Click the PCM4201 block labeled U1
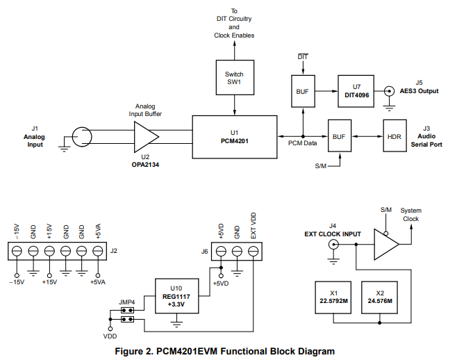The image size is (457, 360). [x=235, y=136]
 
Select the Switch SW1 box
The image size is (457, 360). [x=235, y=79]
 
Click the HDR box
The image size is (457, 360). [x=394, y=136]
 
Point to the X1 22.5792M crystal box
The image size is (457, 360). [x=334, y=297]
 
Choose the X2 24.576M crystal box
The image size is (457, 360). [x=379, y=297]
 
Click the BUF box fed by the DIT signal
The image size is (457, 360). [x=303, y=91]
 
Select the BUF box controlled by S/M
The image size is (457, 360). [x=339, y=136]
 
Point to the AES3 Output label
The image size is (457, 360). [x=419, y=91]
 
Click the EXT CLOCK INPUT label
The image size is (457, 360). [x=333, y=234]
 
